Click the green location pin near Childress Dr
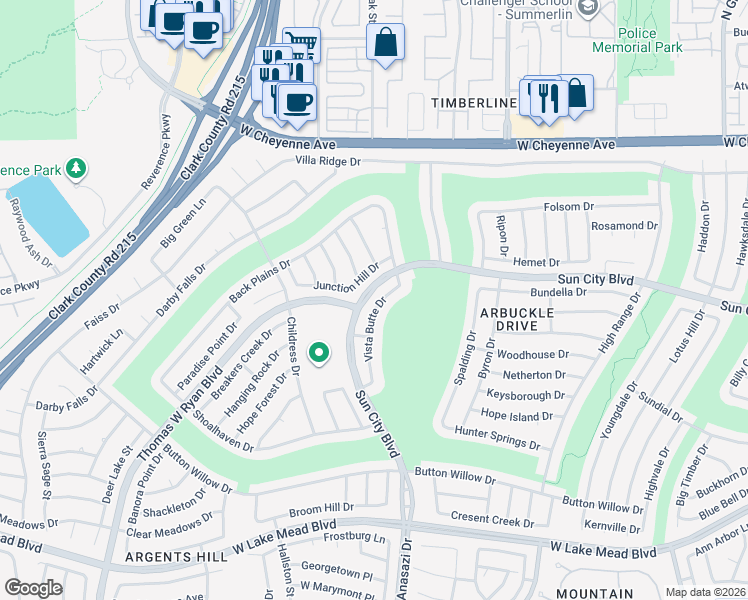click(320, 352)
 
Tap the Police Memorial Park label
click(652, 40)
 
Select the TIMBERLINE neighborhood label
click(473, 103)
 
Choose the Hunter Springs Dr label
click(497, 438)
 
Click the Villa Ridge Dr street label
click(327, 161)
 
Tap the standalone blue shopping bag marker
click(384, 44)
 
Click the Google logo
click(33, 588)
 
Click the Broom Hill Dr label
click(321, 507)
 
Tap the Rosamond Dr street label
click(624, 226)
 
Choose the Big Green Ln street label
click(183, 225)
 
